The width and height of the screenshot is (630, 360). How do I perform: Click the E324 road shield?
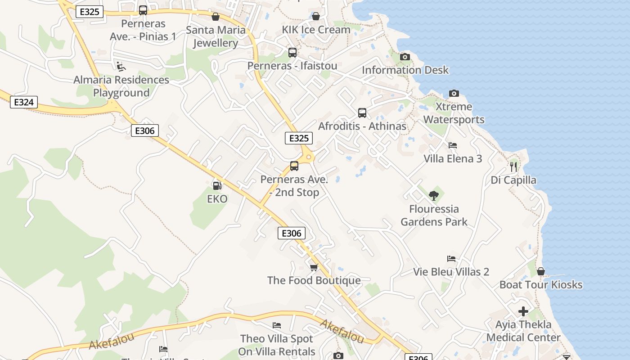[23, 102]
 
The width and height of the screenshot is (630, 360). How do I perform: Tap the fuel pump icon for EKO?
[217, 185]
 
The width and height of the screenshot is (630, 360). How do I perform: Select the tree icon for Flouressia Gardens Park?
[433, 195]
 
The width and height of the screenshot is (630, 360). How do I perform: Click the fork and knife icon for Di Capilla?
[513, 167]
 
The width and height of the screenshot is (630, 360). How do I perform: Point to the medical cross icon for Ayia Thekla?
[523, 311]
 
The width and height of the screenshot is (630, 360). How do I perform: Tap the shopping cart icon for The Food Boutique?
[314, 267]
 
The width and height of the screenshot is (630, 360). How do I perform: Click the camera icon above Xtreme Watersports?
[454, 94]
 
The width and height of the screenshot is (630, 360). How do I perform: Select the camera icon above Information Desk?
[405, 57]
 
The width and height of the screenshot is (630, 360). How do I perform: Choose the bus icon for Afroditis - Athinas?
[362, 113]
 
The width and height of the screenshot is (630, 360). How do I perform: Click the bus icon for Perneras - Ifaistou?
[292, 53]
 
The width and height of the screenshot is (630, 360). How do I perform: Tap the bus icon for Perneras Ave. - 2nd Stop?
[294, 166]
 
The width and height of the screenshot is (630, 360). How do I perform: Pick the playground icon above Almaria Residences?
[121, 67]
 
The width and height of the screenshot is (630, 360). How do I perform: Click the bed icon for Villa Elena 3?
[453, 145]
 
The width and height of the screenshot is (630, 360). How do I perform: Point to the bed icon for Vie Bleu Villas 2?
[451, 259]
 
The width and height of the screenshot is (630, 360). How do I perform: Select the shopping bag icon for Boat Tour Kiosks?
[541, 271]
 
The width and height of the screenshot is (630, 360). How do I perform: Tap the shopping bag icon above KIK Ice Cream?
[316, 16]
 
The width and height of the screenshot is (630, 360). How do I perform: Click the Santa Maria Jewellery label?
[216, 36]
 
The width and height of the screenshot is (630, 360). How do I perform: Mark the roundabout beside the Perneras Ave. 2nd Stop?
[309, 157]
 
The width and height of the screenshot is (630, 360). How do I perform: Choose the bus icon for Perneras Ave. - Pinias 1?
[143, 10]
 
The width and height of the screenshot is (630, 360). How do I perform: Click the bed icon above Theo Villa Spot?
[277, 325]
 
